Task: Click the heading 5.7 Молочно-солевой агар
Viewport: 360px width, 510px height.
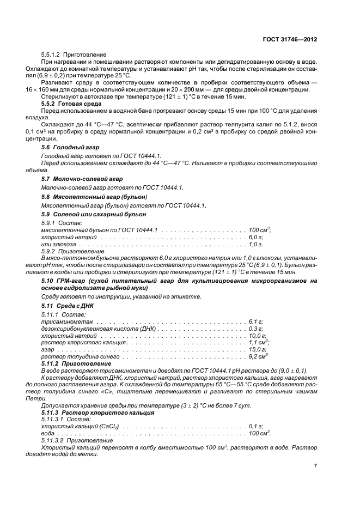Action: point(82,179)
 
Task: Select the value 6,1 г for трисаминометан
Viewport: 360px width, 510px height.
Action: point(255,322)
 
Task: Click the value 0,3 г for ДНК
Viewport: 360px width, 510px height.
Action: point(255,329)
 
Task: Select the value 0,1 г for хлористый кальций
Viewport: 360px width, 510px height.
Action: point(255,426)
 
